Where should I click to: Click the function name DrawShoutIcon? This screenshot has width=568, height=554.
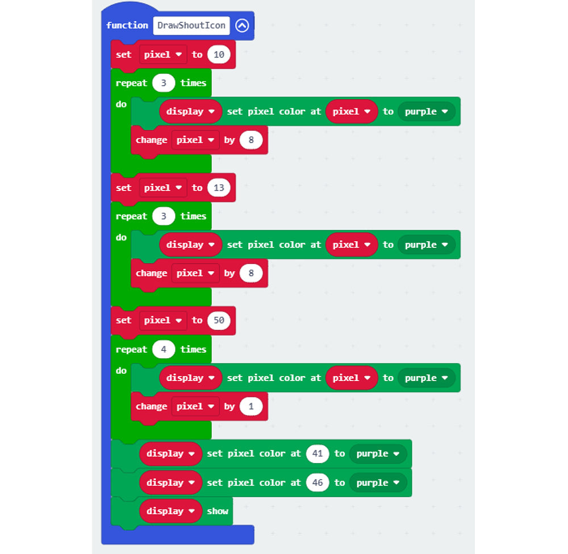(x=191, y=26)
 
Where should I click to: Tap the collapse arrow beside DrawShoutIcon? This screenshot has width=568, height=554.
(x=242, y=26)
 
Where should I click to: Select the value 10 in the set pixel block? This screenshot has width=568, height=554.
(x=219, y=55)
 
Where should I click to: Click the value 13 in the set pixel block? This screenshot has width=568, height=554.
(x=219, y=188)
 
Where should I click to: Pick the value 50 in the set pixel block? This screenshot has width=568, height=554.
(x=219, y=320)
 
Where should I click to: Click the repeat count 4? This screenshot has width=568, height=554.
(x=164, y=349)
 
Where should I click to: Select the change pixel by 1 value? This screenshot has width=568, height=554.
(x=251, y=407)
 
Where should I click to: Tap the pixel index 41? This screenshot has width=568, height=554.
(x=318, y=454)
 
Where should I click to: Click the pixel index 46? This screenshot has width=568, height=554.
(x=318, y=483)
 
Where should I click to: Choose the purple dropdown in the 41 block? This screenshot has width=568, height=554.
(x=378, y=454)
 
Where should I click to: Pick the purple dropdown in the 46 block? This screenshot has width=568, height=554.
(x=378, y=483)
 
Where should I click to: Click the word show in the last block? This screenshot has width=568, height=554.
(x=218, y=511)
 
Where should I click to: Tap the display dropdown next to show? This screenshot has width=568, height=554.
(x=170, y=511)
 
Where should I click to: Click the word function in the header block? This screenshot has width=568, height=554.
(x=127, y=26)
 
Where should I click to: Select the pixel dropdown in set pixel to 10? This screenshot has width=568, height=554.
(x=163, y=55)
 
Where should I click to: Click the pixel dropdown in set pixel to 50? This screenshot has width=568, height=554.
(x=163, y=320)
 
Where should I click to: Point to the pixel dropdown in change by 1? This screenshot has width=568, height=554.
(x=195, y=407)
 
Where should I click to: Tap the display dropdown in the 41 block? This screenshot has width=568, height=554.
(x=170, y=454)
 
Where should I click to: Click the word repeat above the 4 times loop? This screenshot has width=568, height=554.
(x=131, y=349)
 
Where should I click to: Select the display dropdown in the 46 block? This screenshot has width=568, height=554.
(x=170, y=483)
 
